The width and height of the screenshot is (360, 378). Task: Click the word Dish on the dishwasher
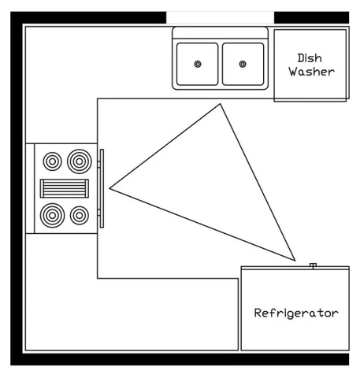(310, 58)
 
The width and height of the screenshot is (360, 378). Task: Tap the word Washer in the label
(312, 72)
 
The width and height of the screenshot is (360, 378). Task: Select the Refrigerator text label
(296, 313)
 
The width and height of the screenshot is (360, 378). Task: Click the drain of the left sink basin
(198, 64)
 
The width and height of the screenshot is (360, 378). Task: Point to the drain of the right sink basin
(243, 64)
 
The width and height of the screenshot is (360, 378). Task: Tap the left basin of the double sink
(198, 64)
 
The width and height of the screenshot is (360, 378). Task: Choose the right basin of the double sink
(243, 64)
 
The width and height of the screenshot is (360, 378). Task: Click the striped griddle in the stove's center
(65, 188)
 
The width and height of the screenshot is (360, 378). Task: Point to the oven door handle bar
(102, 188)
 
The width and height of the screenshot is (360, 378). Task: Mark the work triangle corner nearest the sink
(220, 104)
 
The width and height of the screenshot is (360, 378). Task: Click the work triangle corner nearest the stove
(109, 188)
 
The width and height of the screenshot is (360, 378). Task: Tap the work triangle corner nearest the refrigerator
(295, 261)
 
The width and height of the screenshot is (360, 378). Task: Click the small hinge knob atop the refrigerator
(313, 265)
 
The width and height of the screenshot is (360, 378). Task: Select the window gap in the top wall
(220, 18)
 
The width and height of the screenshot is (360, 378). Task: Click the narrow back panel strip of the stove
(30, 188)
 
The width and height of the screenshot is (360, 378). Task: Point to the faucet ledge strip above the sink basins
(220, 33)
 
